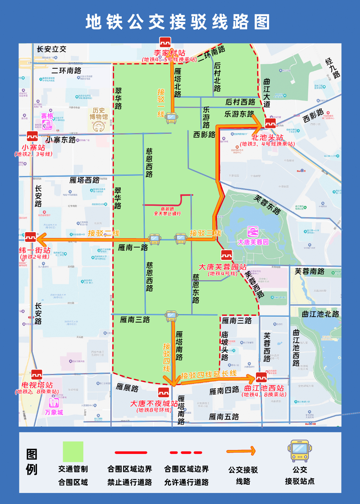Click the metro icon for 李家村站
[x=165, y=42]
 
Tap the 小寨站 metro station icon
[x=32, y=136]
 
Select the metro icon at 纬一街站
[x=30, y=237]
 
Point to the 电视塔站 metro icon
[x=37, y=375]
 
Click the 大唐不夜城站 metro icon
[x=163, y=392]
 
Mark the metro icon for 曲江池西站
[x=261, y=377]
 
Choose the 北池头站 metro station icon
[x=270, y=123]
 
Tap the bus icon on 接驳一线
[x=171, y=118]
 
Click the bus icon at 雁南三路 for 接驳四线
[x=171, y=316]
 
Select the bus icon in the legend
[x=300, y=451]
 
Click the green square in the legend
[x=73, y=452]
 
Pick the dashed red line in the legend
[x=186, y=453]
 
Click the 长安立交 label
[x=51, y=49]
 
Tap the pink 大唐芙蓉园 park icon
[x=253, y=231]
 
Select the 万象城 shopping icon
[x=54, y=403]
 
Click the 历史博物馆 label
[x=99, y=113]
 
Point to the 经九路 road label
[x=332, y=68]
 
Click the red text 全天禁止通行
[x=167, y=213]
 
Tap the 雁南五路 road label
[x=224, y=417]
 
